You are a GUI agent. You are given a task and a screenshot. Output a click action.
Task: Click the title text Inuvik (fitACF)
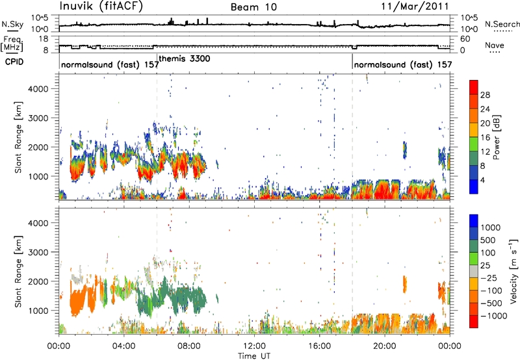point(101,6)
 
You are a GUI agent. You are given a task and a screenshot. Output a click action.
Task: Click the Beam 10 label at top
point(253,7)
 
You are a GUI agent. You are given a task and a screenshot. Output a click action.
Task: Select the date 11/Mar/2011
point(415,6)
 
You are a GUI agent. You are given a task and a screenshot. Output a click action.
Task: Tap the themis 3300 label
point(185,58)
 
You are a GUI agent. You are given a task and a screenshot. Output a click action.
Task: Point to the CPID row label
point(14,62)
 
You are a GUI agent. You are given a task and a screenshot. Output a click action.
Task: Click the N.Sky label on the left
point(12,24)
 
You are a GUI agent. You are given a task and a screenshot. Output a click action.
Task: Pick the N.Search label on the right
point(502,24)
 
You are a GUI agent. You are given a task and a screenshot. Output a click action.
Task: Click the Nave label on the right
point(495,45)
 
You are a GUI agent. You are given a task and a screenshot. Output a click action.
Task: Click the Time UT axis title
point(254,356)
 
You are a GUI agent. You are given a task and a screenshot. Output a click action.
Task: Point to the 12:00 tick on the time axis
point(254,346)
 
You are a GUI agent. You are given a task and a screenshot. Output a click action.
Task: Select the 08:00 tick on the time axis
point(189,346)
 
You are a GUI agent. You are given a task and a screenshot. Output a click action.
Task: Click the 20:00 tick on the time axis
point(385,346)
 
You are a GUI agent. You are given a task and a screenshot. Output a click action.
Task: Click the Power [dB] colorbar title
point(496,137)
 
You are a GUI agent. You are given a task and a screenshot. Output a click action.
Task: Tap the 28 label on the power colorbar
point(485,95)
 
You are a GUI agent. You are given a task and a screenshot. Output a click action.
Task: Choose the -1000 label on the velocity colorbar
point(494,316)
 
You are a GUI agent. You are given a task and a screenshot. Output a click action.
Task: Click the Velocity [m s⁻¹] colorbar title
point(513,271)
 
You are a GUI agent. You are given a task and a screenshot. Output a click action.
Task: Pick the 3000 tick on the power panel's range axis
point(38,118)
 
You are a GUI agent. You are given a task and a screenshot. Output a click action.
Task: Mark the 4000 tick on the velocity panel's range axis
point(38,223)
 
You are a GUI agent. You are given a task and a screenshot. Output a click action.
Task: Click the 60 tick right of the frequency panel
point(465,39)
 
